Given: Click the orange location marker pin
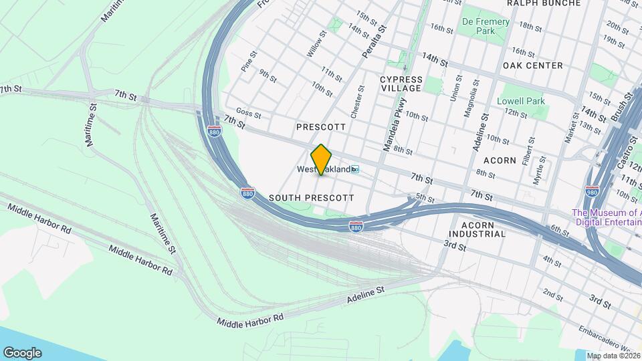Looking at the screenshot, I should tap(322, 159).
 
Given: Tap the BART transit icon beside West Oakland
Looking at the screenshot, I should tap(356, 170).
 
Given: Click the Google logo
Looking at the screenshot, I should tap(22, 352).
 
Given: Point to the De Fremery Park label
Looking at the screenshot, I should tap(486, 26).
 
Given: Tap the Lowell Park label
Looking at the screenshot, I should tap(521, 102).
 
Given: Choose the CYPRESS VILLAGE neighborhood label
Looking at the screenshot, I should tap(401, 84).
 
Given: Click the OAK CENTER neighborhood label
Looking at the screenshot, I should tap(533, 66).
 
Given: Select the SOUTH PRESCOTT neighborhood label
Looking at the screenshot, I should tap(311, 198).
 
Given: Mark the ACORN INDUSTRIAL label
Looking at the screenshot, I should tap(477, 229).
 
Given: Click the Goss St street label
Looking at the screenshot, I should tap(248, 114).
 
